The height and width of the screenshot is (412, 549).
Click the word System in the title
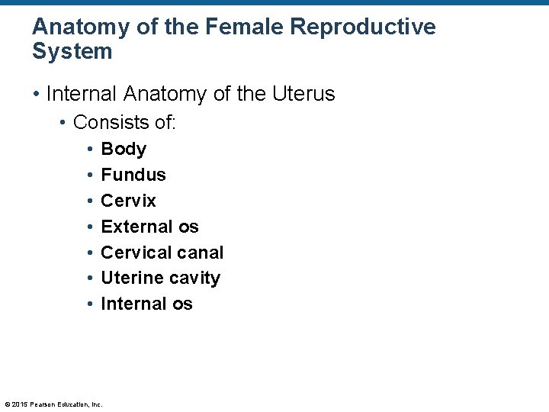72,52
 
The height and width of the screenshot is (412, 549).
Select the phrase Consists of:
124,122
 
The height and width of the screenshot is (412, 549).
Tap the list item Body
124,149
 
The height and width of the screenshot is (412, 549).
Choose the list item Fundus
133,175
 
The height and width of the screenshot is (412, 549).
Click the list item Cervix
128,201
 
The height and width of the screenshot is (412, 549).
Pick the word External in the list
134,227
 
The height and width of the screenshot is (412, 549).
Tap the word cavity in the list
195,278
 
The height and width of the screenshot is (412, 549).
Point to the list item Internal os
146,304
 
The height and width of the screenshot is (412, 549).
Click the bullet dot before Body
90,150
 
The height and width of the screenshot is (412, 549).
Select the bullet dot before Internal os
90,304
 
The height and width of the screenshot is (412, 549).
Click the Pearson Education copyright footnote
53,404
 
